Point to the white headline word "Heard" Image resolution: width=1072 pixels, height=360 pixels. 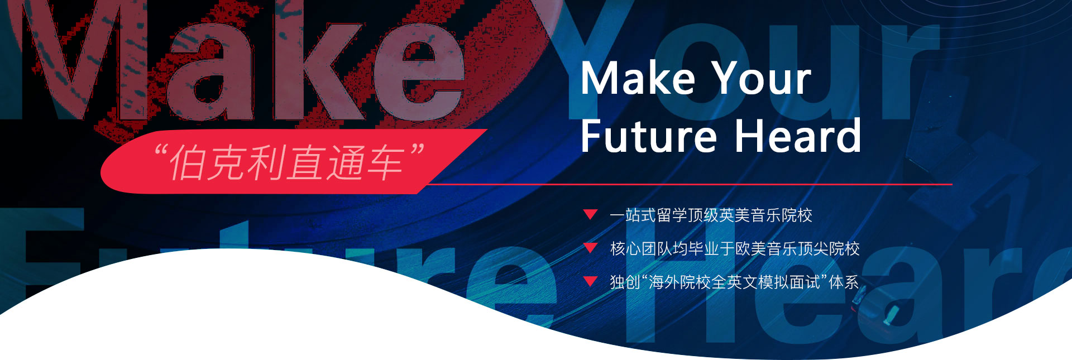(x=798, y=135)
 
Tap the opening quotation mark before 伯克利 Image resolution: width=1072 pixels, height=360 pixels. (x=161, y=151)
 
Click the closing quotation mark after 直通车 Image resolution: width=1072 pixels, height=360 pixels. (x=417, y=151)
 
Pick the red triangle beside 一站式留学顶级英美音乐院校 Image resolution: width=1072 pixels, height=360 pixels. (x=590, y=214)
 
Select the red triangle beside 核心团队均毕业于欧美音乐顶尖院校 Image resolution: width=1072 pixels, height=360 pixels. (x=590, y=248)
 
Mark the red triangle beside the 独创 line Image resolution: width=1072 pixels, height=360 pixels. (x=590, y=281)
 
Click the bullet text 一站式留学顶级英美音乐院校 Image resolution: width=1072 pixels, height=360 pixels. (x=711, y=215)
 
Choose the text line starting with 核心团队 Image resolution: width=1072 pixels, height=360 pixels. (x=735, y=249)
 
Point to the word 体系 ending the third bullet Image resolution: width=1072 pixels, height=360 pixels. (x=844, y=282)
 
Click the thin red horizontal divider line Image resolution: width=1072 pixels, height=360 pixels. (x=690, y=184)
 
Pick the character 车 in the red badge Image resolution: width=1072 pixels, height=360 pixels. (x=386, y=162)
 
